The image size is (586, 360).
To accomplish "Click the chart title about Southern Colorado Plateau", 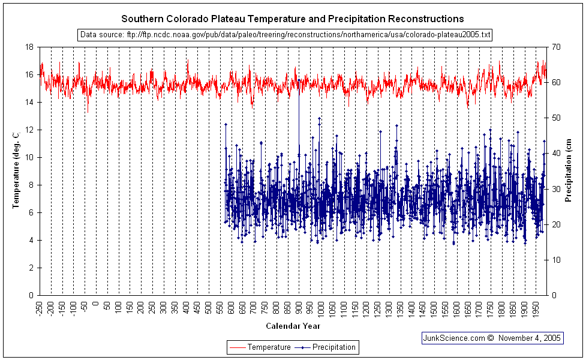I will click(293, 19).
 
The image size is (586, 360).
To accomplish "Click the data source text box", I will click(286, 35).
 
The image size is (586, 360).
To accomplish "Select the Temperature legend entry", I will click(259, 347).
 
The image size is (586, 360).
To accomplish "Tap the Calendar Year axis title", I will click(293, 326).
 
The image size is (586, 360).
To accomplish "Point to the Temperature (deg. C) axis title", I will click(16, 171).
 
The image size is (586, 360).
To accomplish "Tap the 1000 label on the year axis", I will click(322, 309).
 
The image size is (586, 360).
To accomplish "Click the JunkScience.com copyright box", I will click(492, 338).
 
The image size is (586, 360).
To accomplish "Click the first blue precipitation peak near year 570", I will click(226, 124).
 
